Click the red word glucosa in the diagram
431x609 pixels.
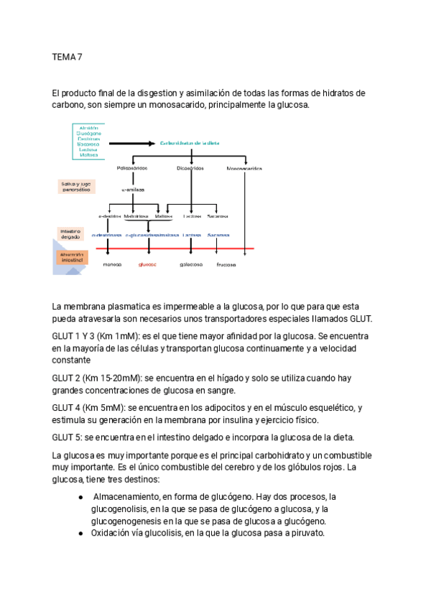[148, 264]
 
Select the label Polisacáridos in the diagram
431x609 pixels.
[131, 168]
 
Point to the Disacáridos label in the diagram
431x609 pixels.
[190, 168]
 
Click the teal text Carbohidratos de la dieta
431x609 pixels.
[190, 143]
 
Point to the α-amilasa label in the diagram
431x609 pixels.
[133, 190]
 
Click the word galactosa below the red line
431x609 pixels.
[191, 264]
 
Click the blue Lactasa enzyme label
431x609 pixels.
[192, 234]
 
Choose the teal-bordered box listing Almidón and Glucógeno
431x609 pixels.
[89, 141]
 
